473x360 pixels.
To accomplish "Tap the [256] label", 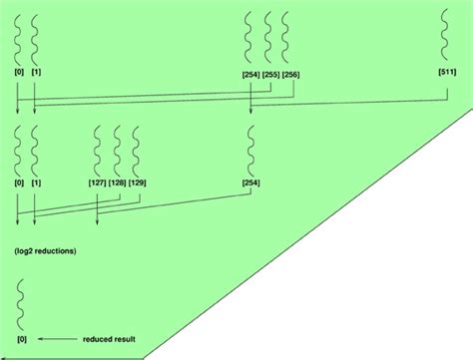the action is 290,75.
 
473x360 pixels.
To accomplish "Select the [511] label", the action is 448,75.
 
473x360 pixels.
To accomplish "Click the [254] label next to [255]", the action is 249,75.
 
